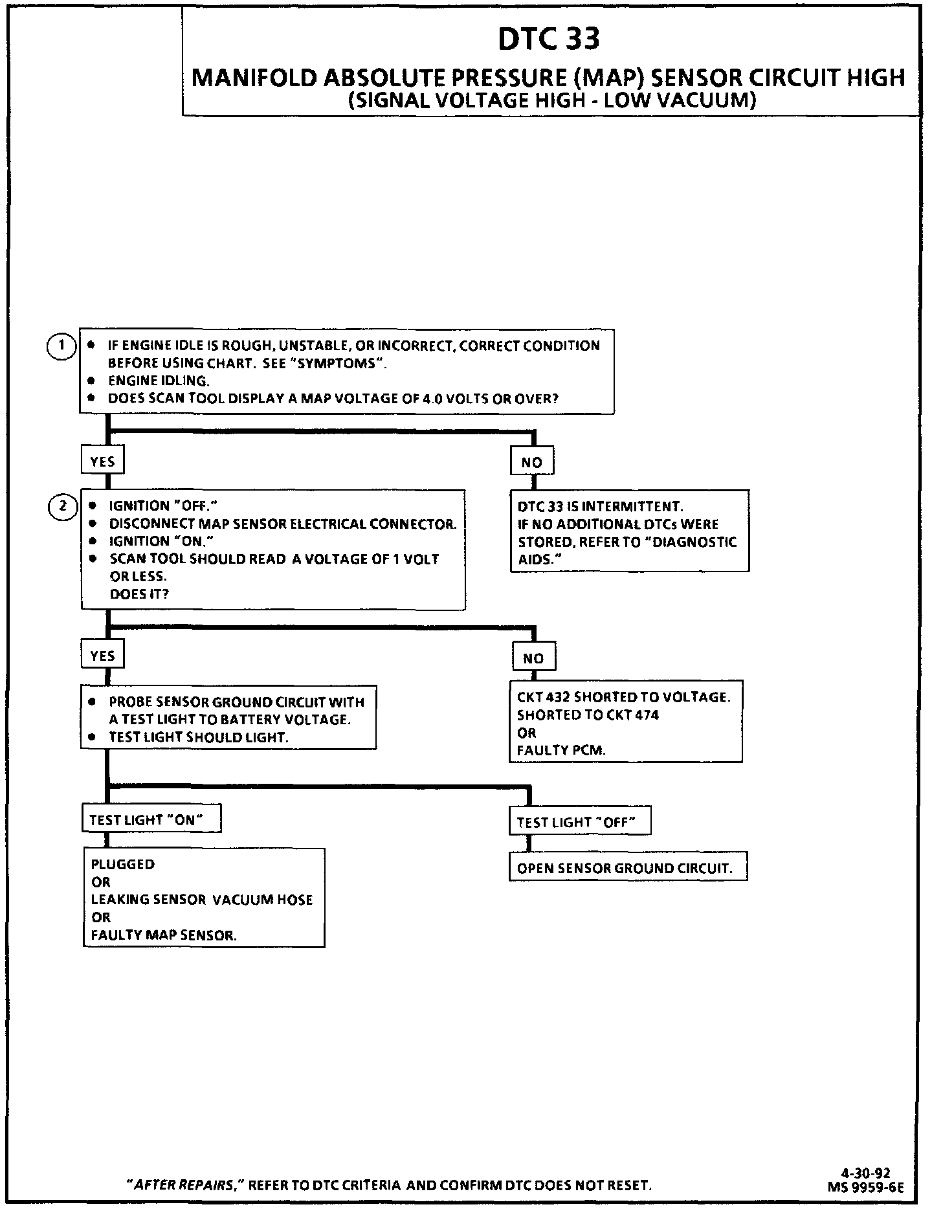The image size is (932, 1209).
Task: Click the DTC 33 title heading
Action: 549,39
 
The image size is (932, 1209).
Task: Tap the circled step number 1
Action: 61,345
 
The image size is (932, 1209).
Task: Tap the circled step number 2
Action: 63,505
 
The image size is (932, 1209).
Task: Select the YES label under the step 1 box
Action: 102,461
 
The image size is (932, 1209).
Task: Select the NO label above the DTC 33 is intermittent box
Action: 531,462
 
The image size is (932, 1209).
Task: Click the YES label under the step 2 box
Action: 102,656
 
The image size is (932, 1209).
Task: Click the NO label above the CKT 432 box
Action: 533,658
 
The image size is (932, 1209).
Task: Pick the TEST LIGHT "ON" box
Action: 151,819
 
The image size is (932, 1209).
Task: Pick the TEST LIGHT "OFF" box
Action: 579,822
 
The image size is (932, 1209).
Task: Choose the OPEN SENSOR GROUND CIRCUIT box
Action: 627,869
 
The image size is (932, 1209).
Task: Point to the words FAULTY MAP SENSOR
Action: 164,935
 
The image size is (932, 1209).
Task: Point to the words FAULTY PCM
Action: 561,751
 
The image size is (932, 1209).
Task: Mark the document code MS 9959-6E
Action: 865,1187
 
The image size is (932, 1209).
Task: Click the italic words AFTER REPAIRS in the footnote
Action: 183,1185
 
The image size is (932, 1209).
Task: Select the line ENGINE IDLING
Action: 159,381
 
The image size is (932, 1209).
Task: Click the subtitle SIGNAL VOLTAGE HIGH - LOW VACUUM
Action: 551,101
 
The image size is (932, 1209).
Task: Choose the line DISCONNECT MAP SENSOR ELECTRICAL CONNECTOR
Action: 283,524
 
